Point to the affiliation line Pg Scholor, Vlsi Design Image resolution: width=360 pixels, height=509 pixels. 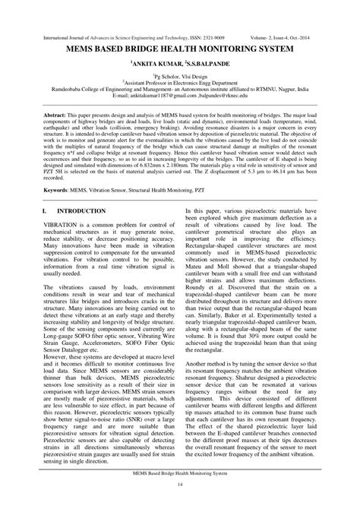point(180,77)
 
